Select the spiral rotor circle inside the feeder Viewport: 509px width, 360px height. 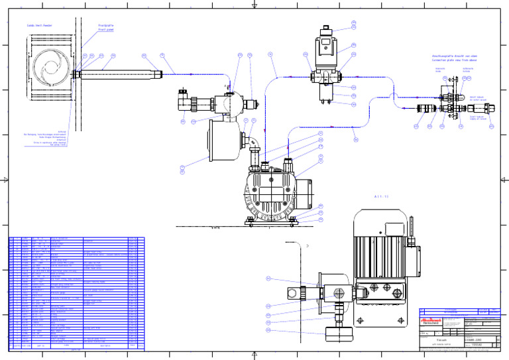[x=50, y=68]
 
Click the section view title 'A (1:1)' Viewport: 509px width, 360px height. [x=381, y=196]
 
